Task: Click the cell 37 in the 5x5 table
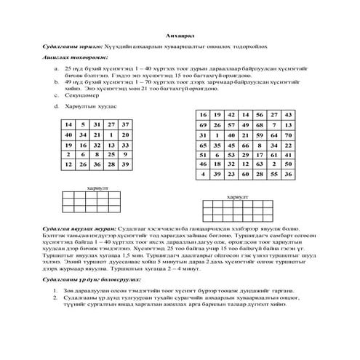(x=125, y=125)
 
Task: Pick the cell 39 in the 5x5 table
(x=125, y=165)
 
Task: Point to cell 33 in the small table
(x=125, y=145)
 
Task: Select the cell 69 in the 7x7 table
(x=204, y=125)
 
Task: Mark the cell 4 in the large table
(x=204, y=175)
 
